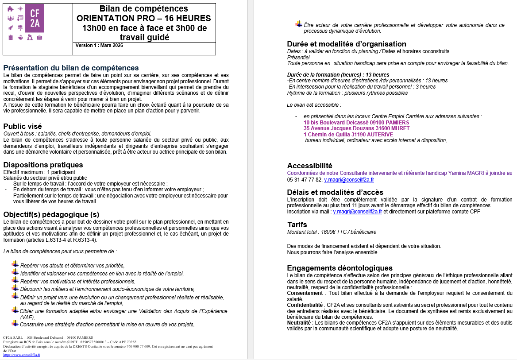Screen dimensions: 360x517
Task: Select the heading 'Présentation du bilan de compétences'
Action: click(x=71, y=68)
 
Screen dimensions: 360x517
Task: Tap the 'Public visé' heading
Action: click(x=22, y=126)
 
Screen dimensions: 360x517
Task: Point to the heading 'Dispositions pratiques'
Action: click(x=43, y=165)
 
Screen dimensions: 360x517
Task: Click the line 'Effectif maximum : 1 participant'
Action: click(x=39, y=172)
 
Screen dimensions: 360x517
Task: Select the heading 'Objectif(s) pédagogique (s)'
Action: click(x=51, y=214)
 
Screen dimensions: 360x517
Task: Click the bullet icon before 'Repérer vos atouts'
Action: click(x=15, y=264)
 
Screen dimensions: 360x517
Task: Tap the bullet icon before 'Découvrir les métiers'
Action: click(x=15, y=288)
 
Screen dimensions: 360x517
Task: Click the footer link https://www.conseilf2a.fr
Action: click(x=21, y=355)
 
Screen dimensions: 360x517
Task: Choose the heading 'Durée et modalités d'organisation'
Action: click(x=347, y=44)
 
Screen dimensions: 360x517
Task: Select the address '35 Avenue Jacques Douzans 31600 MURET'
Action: click(x=356, y=128)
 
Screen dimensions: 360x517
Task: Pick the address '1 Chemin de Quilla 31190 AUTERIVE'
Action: click(x=348, y=134)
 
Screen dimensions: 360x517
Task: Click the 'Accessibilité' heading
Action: click(x=309, y=166)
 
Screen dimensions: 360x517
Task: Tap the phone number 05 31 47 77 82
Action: click(x=305, y=180)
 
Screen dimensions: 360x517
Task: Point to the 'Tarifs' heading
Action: click(x=297, y=225)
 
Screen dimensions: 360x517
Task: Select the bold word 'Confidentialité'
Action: click(x=305, y=305)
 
